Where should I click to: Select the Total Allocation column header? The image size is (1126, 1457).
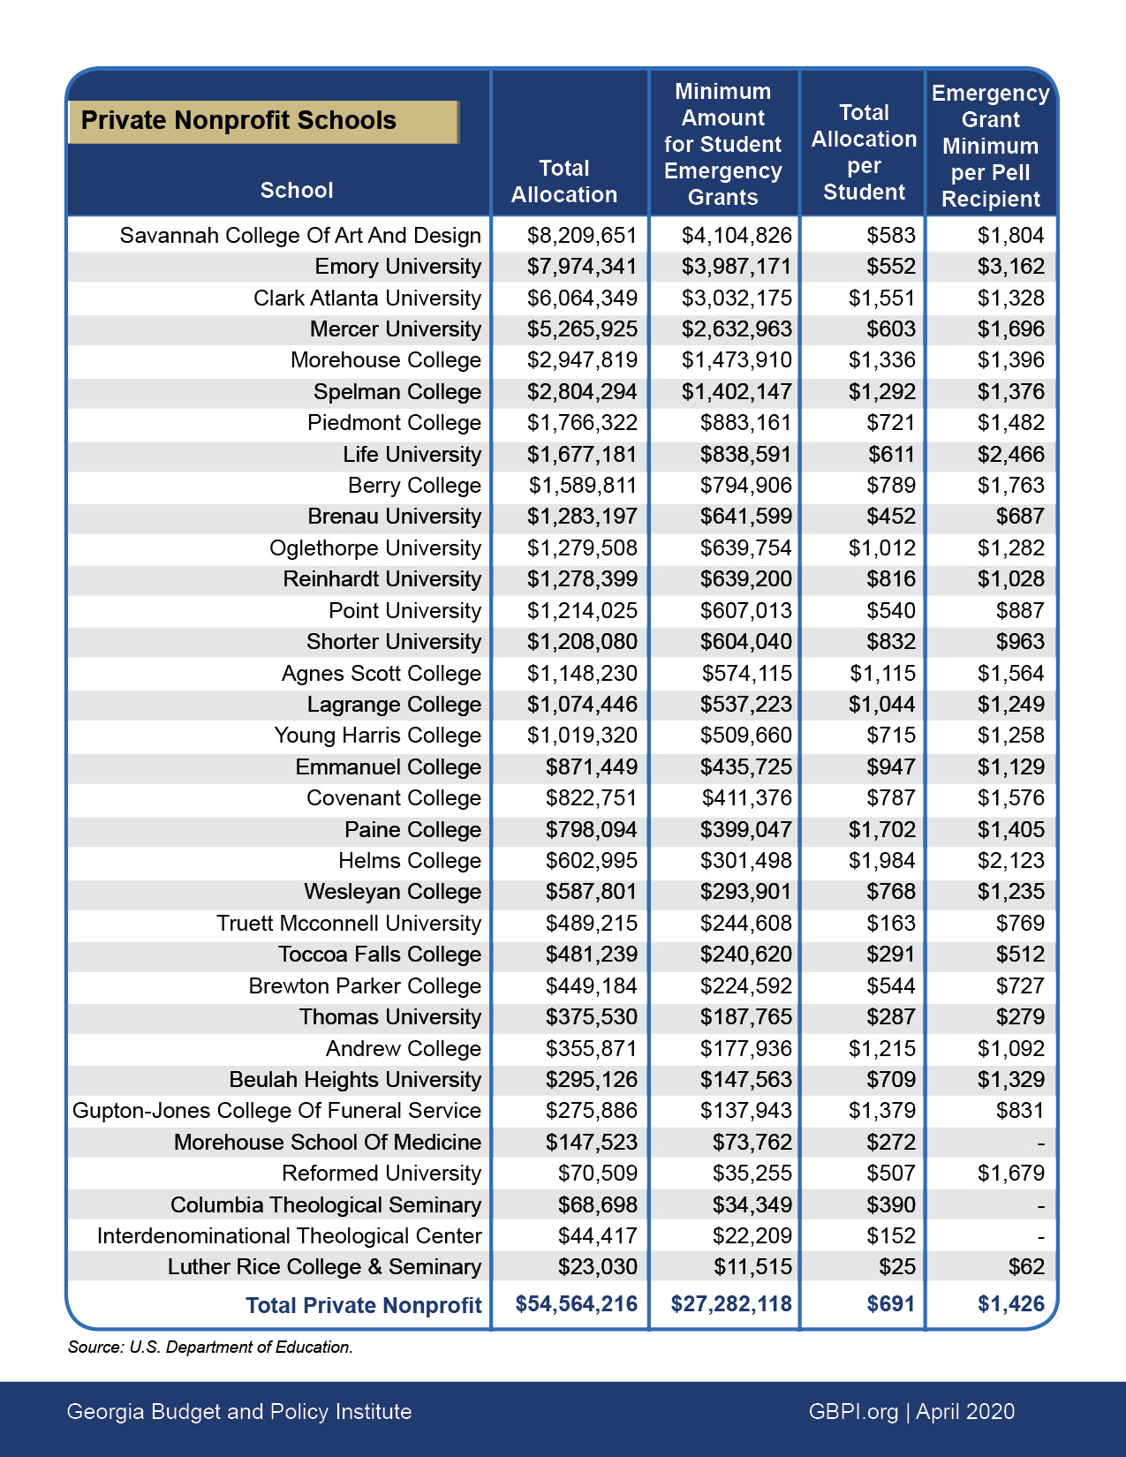[564, 182]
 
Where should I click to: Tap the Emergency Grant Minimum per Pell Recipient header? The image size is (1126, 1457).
[990, 146]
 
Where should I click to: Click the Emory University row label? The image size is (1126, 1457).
[397, 267]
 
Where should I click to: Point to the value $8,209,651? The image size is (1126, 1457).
[582, 236]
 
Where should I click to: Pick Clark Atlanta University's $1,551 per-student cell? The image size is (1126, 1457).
[881, 298]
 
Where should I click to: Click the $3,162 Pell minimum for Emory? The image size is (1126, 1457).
[1010, 267]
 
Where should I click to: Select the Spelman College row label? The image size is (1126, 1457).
[397, 392]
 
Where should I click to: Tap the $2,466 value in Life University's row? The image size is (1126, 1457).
[1010, 455]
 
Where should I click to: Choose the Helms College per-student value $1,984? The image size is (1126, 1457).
[881, 861]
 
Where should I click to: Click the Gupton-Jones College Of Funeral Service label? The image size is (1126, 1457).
[276, 1111]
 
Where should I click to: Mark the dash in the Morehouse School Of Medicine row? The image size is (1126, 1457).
[1040, 1144]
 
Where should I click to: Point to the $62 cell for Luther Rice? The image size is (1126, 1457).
[1026, 1267]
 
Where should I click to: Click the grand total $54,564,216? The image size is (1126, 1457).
[576, 1304]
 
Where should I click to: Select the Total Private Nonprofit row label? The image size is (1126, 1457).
[363, 1306]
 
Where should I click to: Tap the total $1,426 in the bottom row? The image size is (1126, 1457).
[1010, 1304]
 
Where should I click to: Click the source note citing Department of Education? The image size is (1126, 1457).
[210, 1348]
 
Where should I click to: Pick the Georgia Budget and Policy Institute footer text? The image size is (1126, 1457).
[239, 1412]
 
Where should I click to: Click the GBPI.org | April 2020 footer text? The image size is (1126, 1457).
[911, 1412]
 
